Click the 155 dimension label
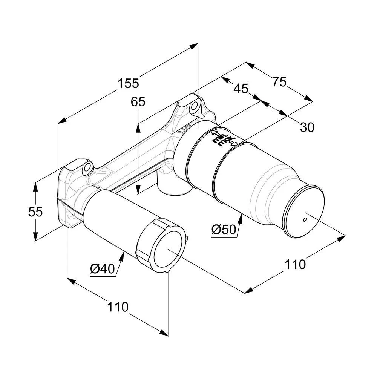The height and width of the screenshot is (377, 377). click(128, 83)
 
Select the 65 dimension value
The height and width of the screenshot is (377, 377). click(138, 102)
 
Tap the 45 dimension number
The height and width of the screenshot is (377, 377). click(241, 89)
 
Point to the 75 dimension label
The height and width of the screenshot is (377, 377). click(279, 82)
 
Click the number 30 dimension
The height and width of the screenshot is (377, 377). click(307, 128)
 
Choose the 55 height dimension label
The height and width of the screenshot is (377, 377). click(35, 212)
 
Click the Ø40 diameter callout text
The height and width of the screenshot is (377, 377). click(102, 269)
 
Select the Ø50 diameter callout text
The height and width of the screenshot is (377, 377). click(223, 229)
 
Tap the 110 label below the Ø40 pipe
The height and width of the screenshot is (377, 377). click(118, 307)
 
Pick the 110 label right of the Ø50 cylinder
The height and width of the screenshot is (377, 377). click(295, 264)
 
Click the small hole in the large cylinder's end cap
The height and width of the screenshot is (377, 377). click(305, 219)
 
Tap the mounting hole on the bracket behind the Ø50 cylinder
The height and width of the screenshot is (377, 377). click(194, 106)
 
